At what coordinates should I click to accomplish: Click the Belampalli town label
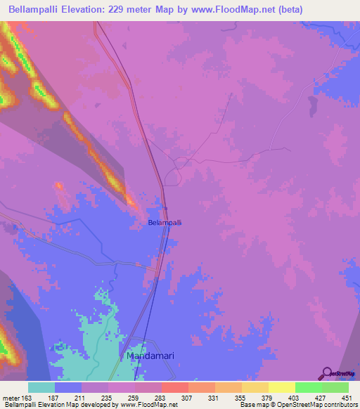click(165, 223)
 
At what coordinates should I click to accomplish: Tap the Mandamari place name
click(149, 356)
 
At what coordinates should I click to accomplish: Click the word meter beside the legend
click(9, 398)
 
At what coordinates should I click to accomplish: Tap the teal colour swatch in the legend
click(41, 387)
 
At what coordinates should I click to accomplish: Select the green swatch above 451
click(335, 387)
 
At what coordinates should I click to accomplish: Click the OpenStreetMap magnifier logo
click(327, 373)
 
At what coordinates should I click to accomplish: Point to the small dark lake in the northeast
click(310, 105)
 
